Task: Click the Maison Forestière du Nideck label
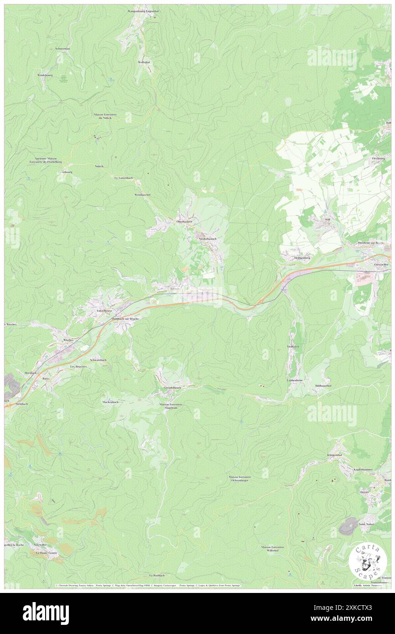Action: (x=103, y=116)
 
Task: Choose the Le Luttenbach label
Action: (x=123, y=177)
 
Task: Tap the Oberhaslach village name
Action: (x=184, y=221)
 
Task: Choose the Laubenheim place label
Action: (x=295, y=380)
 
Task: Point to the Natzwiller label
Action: (x=40, y=545)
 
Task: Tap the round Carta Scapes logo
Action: (x=368, y=561)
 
